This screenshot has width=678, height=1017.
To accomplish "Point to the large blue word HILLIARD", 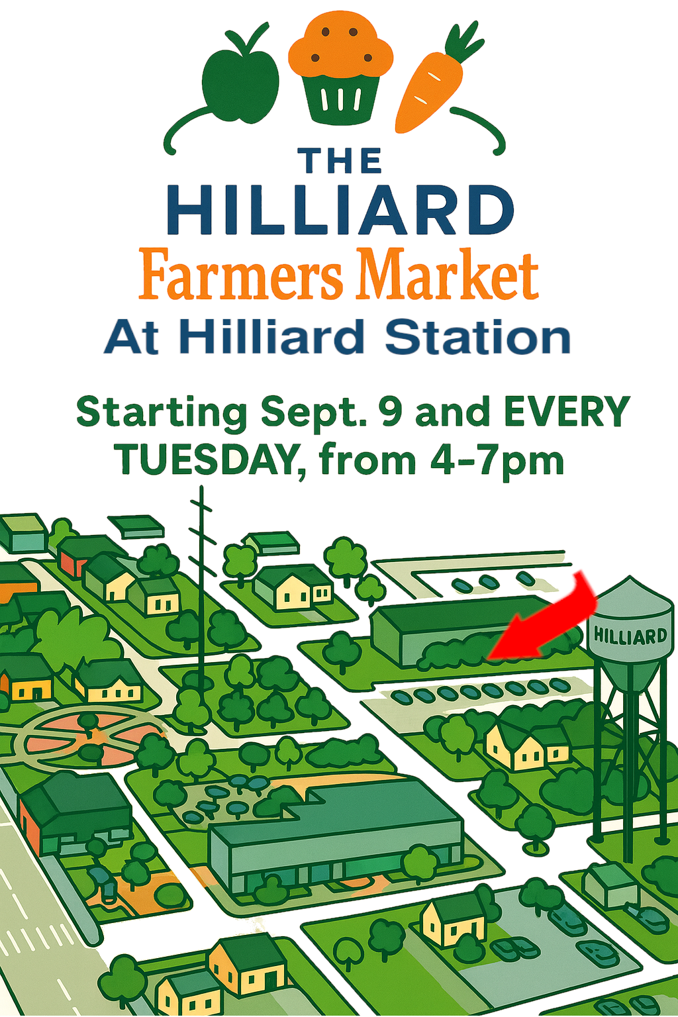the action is pyautogui.click(x=340, y=210).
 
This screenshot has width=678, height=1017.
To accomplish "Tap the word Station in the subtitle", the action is pyautogui.click(x=478, y=337).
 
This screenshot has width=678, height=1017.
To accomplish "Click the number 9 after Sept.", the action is pyautogui.click(x=391, y=412).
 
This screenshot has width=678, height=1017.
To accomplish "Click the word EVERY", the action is pyautogui.click(x=567, y=412).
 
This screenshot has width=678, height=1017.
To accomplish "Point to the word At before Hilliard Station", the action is pyautogui.click(x=131, y=338).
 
